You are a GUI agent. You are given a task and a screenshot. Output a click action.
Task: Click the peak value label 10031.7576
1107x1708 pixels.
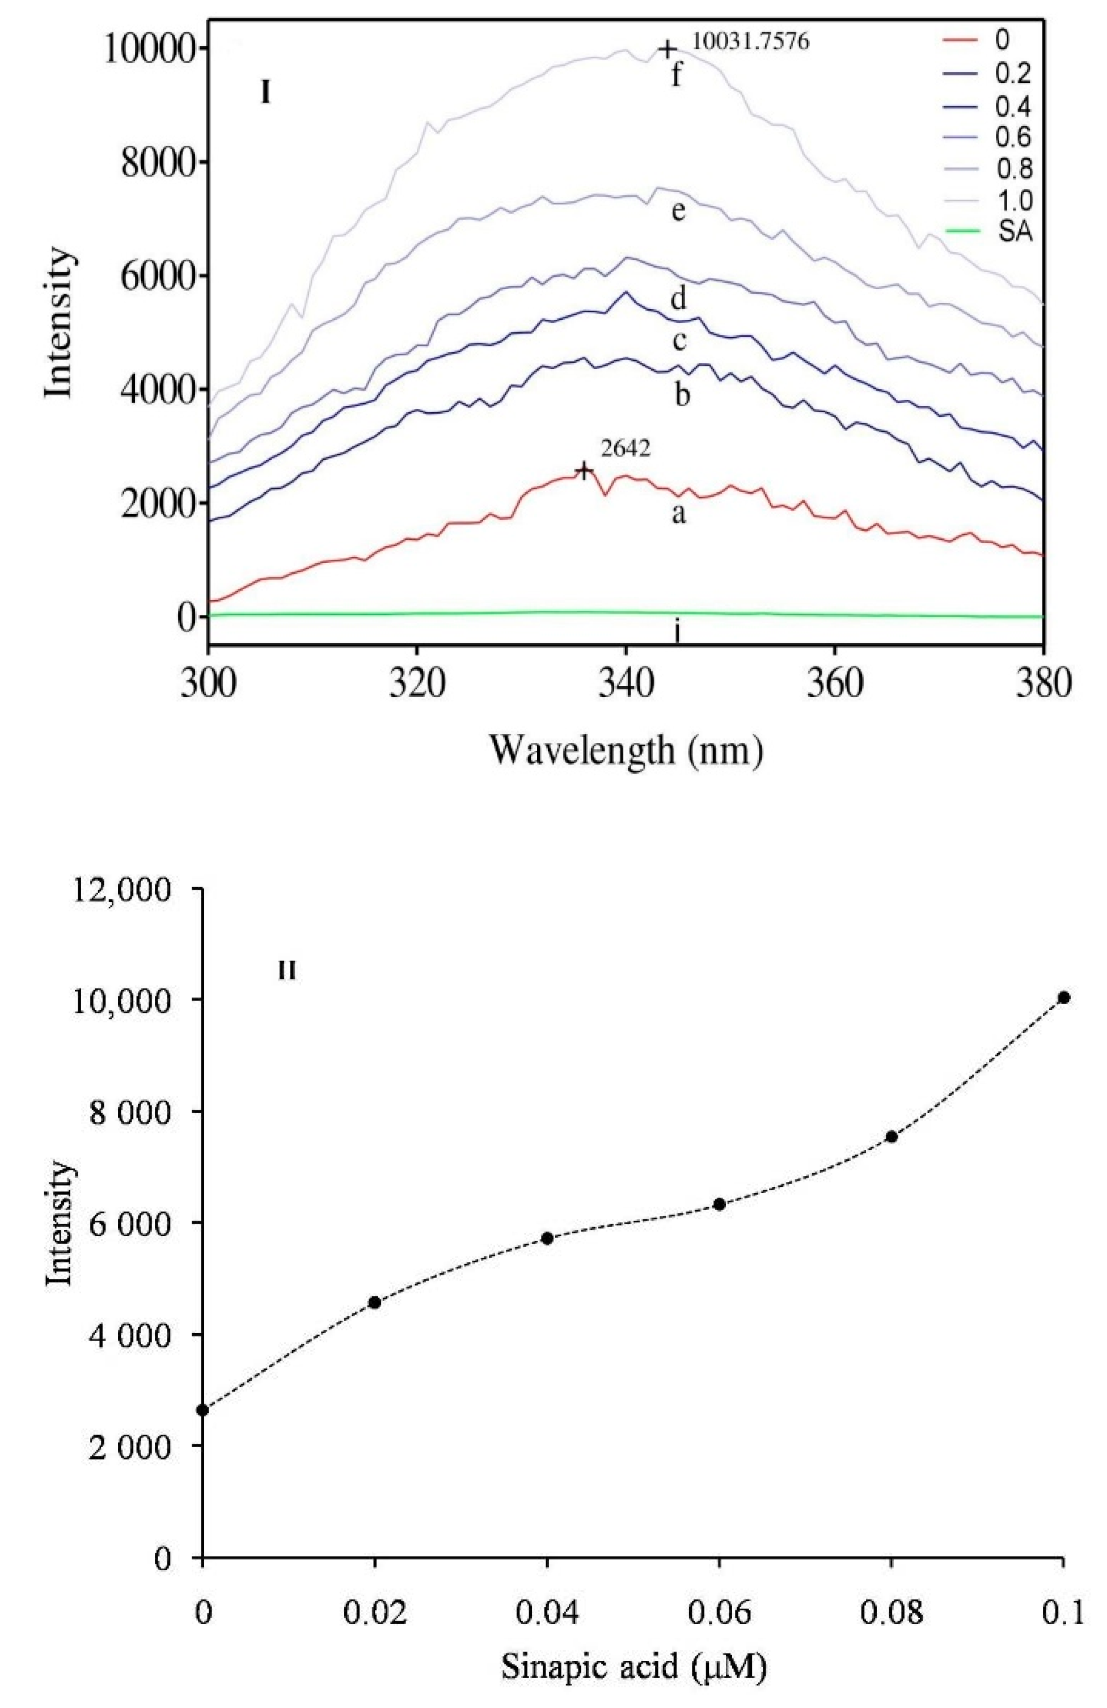point(750,43)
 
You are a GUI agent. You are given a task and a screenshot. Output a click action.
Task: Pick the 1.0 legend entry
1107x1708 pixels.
point(1013,200)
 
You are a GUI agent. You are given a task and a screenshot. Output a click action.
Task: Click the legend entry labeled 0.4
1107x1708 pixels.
point(1013,107)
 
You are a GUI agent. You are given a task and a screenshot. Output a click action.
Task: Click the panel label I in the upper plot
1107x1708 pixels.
point(265,94)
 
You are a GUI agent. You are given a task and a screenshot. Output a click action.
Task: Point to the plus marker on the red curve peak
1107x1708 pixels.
point(584,471)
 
